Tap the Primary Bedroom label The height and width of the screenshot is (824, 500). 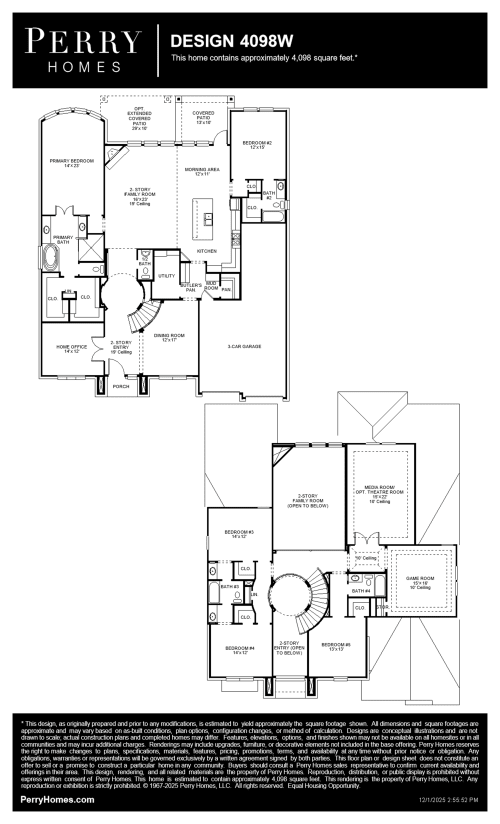[x=74, y=162]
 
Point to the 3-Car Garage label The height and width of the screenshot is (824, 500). [x=244, y=345]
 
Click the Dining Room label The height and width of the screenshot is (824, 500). [x=162, y=338]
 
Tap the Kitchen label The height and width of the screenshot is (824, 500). [x=207, y=250]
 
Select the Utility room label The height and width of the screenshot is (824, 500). [x=167, y=275]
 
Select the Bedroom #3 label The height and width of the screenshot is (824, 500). [x=239, y=532]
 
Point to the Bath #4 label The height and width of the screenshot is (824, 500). [x=361, y=591]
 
